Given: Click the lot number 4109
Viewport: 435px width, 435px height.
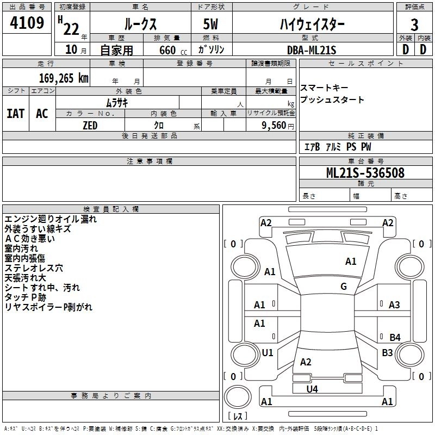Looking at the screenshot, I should click(x=27, y=24).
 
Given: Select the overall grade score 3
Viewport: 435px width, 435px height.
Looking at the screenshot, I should click(x=414, y=25).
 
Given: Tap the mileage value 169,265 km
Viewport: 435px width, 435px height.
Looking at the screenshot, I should click(x=64, y=78).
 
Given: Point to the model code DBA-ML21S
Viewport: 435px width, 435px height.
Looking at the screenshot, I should click(x=312, y=50).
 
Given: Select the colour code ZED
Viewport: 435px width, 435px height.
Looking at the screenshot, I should click(x=90, y=125).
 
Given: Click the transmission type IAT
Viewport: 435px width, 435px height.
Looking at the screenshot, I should click(x=15, y=114).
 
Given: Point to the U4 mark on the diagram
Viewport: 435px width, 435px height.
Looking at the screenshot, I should click(x=312, y=389).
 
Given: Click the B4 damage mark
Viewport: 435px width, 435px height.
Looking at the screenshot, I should click(x=395, y=338).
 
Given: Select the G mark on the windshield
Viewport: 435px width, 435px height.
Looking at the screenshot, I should click(x=343, y=287).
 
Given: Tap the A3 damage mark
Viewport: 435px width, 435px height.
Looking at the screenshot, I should click(x=394, y=305).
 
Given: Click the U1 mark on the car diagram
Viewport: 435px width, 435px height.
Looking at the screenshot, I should click(x=267, y=353).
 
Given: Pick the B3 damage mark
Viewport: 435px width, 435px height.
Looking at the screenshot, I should click(x=387, y=353).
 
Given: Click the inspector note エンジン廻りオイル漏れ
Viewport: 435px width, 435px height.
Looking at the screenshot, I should click(x=51, y=219).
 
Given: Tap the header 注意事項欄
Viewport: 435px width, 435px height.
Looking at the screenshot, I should click(x=150, y=161).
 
